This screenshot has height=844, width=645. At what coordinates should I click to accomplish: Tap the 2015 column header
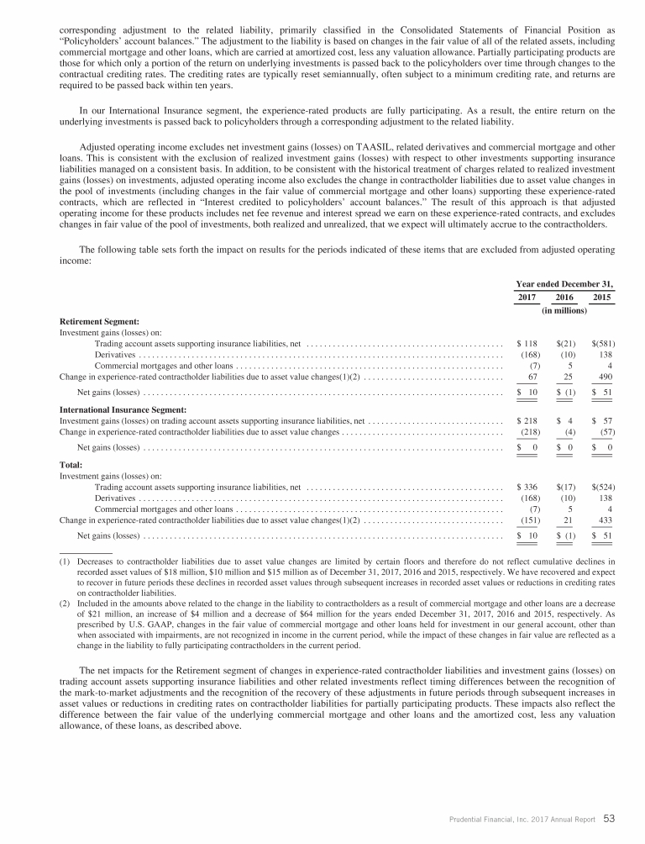click(602, 298)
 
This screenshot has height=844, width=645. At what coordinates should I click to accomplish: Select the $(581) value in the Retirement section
click(602, 344)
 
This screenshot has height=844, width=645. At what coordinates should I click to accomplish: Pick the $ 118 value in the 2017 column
click(527, 344)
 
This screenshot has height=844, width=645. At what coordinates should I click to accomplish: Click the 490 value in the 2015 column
click(605, 377)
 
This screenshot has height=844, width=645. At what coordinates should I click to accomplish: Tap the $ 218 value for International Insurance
click(527, 420)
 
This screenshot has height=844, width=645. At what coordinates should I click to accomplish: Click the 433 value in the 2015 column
click(605, 520)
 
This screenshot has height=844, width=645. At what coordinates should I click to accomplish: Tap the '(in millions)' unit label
click(564, 310)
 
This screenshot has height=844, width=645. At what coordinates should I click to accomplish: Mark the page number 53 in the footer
click(611, 819)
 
